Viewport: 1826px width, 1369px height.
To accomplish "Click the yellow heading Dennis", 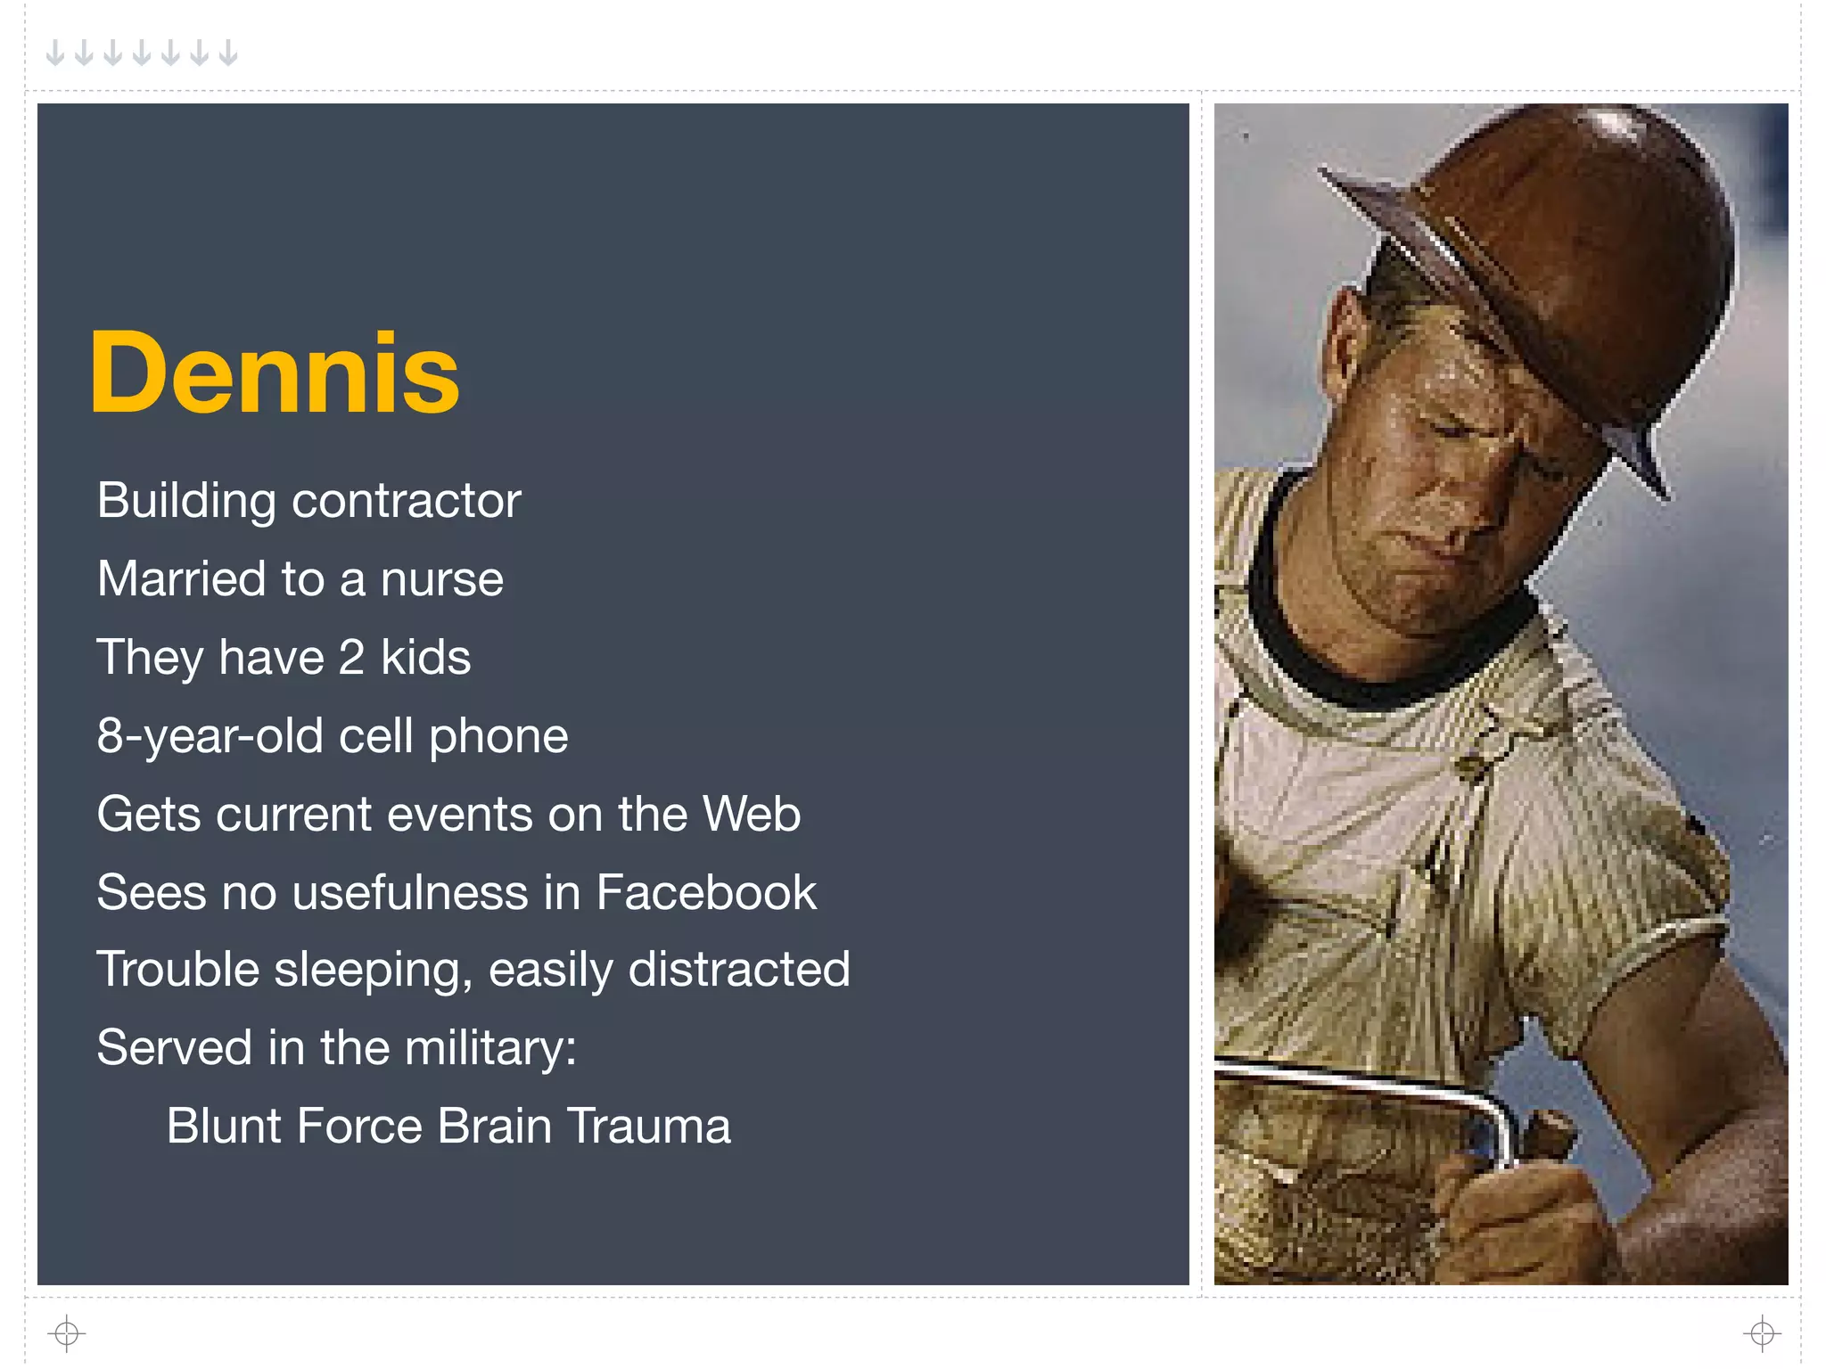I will tap(274, 373).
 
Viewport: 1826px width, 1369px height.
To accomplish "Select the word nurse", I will tap(441, 579).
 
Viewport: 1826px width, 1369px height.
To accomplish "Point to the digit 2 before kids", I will tap(351, 658).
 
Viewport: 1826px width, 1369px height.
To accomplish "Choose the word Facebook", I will tap(706, 892).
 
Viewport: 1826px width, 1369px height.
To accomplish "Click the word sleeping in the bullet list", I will tap(373, 971).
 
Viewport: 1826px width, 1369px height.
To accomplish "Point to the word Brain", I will tap(494, 1126).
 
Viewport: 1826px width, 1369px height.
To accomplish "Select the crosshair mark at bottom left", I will tap(67, 1333).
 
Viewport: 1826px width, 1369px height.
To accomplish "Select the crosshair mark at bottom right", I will tap(1762, 1333).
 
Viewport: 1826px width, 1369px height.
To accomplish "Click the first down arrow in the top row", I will tap(55, 53).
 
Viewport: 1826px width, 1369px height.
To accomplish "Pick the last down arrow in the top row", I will tap(228, 53).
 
